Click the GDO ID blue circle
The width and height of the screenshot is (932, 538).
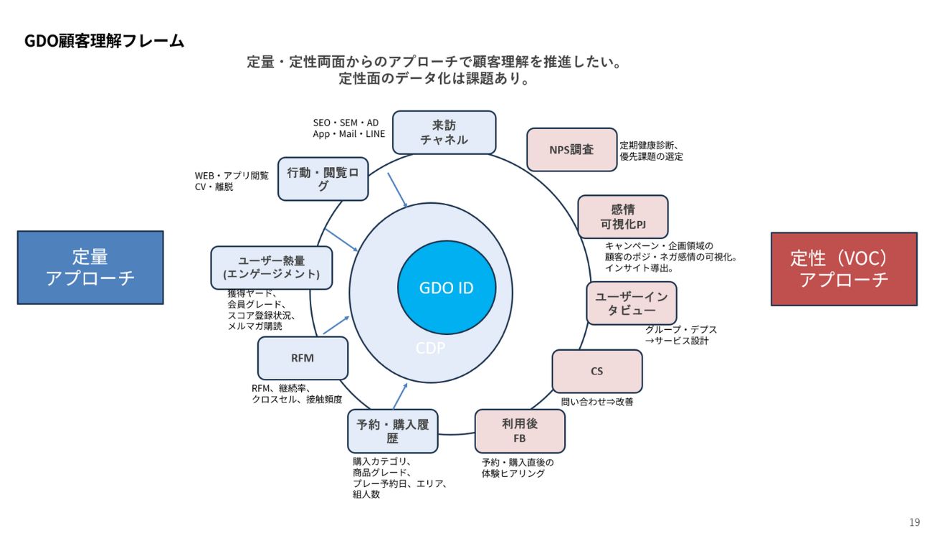446,288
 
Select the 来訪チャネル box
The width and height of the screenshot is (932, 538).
444,132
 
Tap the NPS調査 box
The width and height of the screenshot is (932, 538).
571,150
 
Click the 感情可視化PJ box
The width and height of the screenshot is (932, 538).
622,217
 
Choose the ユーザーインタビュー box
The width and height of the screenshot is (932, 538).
631,303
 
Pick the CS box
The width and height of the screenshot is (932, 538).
596,372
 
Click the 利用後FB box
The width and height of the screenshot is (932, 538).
520,431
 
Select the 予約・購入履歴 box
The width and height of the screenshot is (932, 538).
392,431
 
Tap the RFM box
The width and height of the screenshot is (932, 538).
303,358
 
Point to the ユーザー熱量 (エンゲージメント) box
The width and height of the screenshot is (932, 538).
272,268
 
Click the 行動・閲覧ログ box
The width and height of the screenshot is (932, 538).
323,179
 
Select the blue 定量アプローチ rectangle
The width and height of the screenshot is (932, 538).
90,268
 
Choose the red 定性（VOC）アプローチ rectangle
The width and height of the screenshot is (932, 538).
844,269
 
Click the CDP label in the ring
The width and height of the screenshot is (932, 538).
430,349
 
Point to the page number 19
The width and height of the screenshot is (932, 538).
914,522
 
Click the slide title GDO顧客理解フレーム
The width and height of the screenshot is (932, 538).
105,41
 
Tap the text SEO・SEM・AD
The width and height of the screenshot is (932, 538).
346,123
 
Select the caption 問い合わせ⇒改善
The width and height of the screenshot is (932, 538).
597,402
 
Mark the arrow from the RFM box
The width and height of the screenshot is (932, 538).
336,326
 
